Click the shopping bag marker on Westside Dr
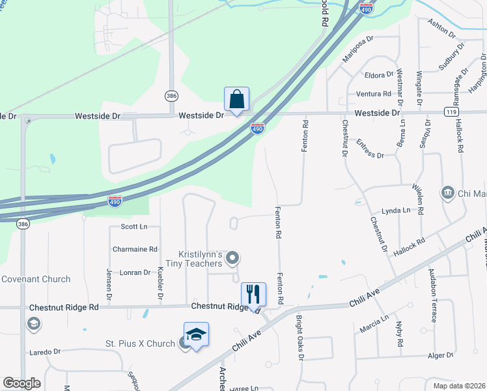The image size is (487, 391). [236, 100]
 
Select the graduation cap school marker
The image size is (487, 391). [196, 335]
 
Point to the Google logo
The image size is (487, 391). [21, 383]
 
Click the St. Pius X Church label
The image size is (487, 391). [141, 343]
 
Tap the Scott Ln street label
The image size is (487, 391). [135, 227]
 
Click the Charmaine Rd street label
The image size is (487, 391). [135, 249]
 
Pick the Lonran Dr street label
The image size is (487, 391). [135, 272]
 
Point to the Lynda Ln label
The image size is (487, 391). [396, 210]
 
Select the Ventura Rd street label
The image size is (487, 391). [373, 94]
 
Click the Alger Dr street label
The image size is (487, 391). [440, 355]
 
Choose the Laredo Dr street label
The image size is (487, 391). [45, 352]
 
